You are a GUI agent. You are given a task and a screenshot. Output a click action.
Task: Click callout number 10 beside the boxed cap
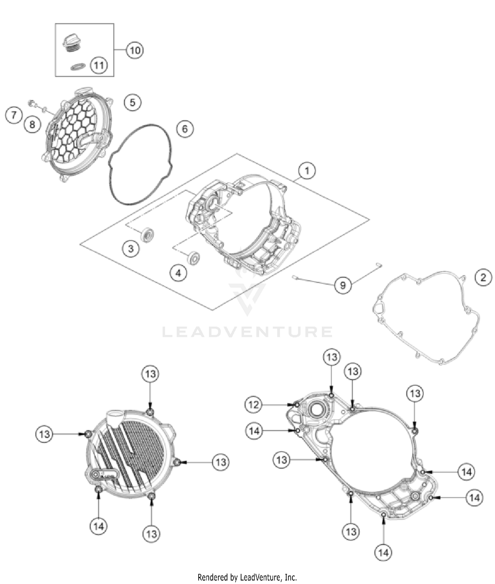pos(135,50)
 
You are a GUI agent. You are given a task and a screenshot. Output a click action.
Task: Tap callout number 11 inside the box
pos(99,65)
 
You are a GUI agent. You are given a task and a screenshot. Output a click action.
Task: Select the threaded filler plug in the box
pos(71,43)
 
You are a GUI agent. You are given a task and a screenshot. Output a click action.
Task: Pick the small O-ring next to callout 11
pos(78,67)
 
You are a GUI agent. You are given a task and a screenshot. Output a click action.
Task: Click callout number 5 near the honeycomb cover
pos(132,102)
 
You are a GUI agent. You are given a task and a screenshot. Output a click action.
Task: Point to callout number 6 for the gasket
pos(185,129)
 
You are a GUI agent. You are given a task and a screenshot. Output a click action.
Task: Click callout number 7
pos(14,115)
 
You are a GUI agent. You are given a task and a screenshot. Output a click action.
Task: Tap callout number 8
pos(32,124)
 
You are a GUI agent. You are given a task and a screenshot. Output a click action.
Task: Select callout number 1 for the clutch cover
pos(307,171)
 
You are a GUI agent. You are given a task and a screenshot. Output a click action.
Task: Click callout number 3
pos(131,248)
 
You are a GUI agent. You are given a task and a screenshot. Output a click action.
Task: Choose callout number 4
pos(179,273)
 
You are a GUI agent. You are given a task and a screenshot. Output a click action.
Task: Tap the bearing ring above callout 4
pos(193,258)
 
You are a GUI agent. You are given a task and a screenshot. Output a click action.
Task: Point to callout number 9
pos(343,285)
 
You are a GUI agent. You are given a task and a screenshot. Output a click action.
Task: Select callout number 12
pos(253,405)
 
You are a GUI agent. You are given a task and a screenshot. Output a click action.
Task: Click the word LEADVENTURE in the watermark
pos(247,332)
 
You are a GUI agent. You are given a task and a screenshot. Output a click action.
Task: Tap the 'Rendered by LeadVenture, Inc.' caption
pos(247,577)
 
